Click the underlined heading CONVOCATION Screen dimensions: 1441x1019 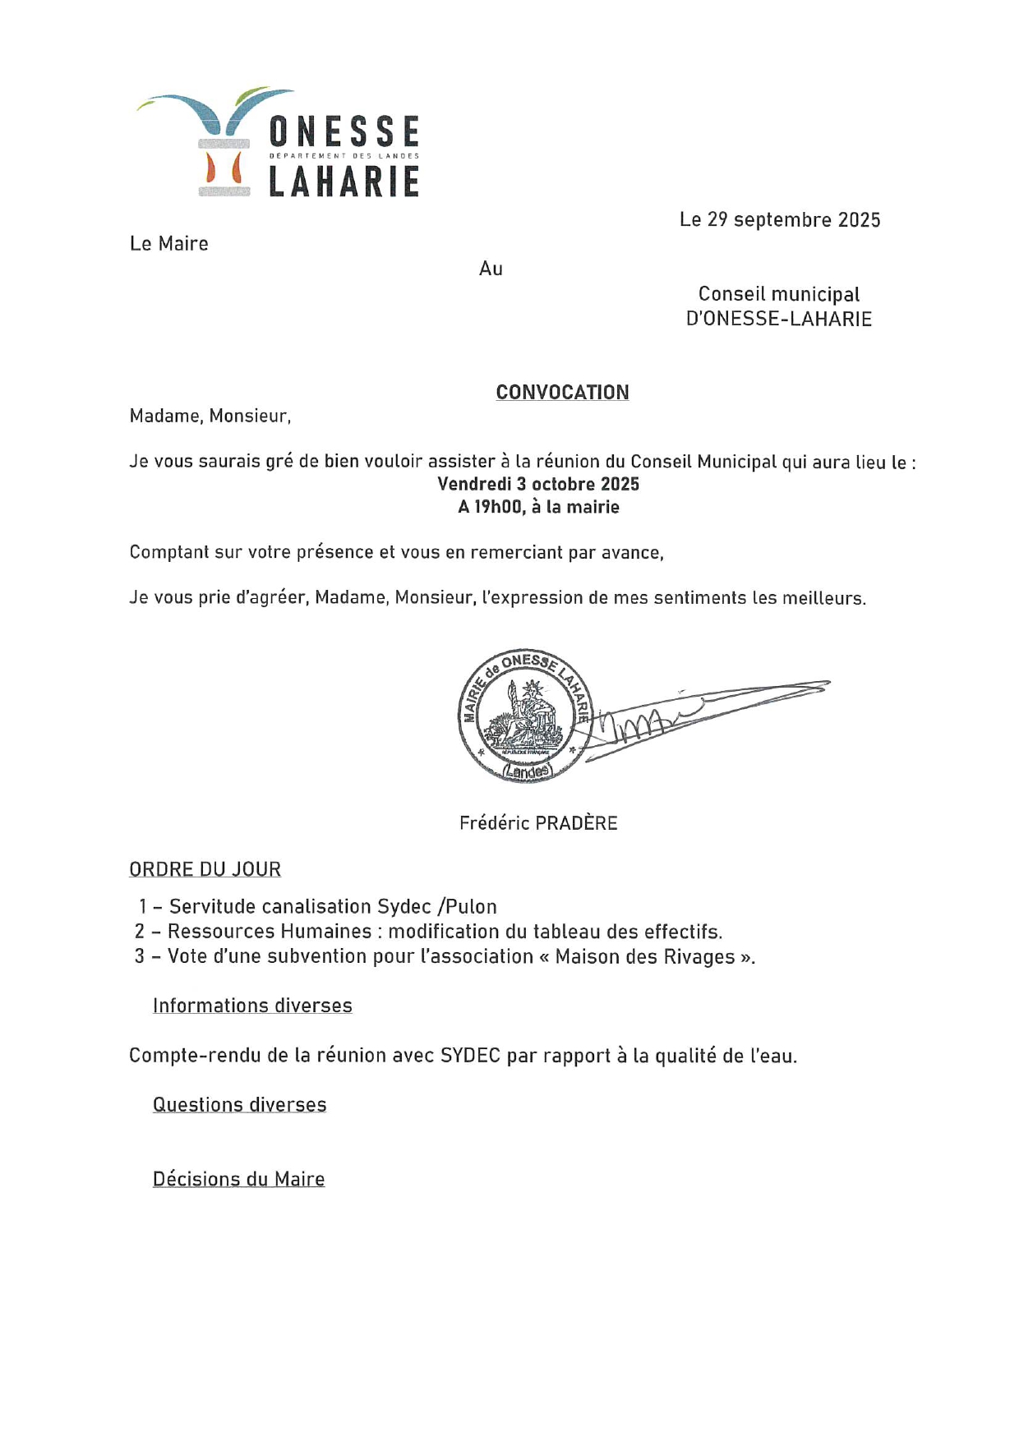(562, 393)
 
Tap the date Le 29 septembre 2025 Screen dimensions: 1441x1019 (779, 220)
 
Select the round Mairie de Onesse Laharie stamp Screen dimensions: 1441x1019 (524, 715)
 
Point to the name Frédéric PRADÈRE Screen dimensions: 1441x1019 (538, 823)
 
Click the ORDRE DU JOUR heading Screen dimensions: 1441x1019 (205, 869)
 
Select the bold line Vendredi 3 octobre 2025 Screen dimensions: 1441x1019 (538, 484)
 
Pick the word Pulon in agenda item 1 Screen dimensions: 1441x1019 (471, 907)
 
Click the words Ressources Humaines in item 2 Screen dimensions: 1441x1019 (270, 932)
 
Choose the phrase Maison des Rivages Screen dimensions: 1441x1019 (645, 957)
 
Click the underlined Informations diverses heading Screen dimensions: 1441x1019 (252, 1006)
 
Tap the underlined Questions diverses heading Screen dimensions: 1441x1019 (239, 1105)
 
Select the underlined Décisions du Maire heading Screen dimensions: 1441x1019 (238, 1180)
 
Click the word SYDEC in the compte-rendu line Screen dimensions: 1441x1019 (470, 1056)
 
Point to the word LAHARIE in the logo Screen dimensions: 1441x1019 (344, 182)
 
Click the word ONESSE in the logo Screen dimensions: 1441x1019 (344, 131)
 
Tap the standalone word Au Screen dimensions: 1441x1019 (491, 269)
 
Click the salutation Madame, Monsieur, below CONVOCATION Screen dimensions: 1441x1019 (210, 416)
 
